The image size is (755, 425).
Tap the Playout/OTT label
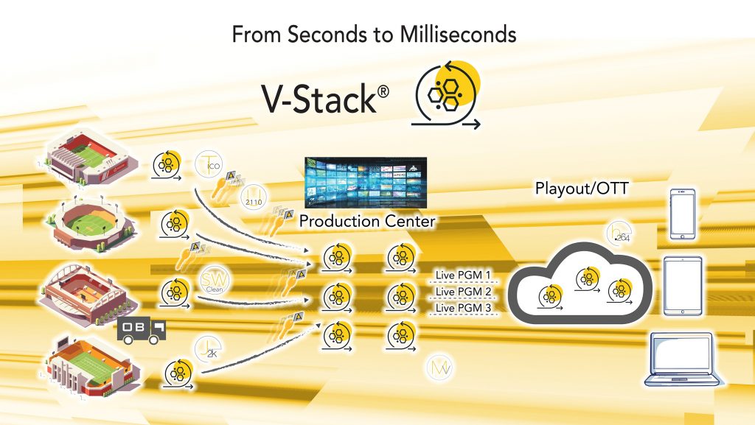[580, 189]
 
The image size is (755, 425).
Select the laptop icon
[683, 359]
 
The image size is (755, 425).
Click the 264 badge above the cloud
[617, 233]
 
